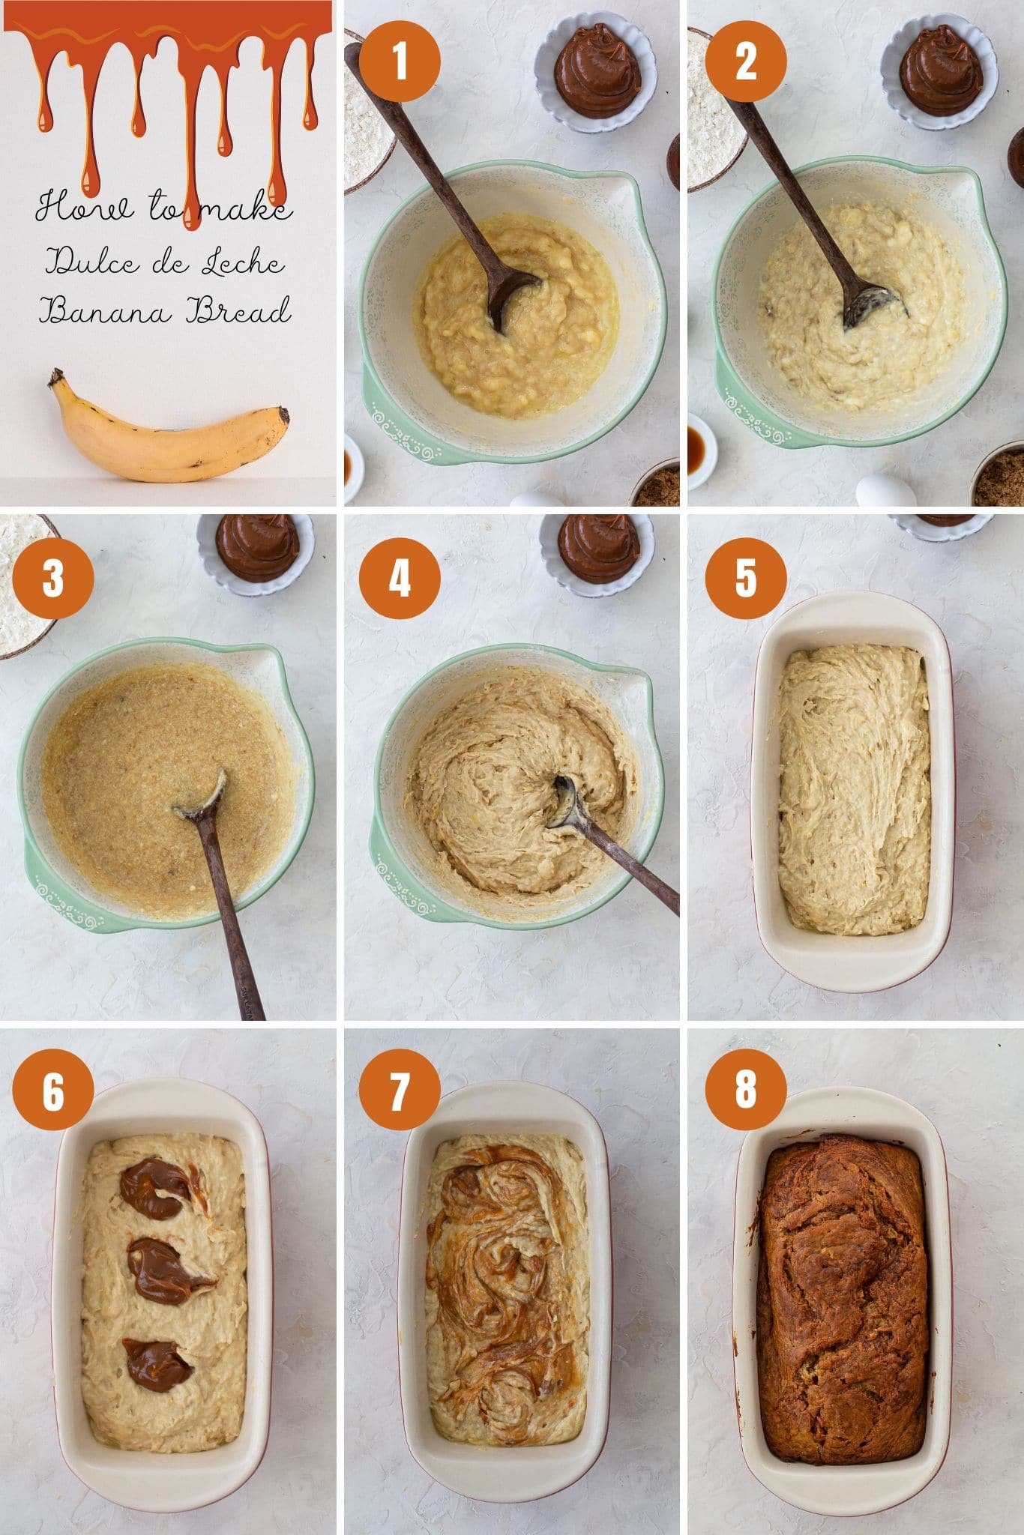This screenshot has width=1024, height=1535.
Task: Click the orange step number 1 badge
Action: (x=400, y=61)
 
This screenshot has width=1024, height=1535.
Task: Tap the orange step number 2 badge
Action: (x=745, y=61)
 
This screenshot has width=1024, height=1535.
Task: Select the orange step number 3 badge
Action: (x=53, y=579)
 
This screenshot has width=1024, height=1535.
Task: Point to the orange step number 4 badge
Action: (x=400, y=579)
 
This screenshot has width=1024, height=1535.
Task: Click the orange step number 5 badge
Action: (x=745, y=579)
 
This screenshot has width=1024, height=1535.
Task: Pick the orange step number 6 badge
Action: (x=53, y=1093)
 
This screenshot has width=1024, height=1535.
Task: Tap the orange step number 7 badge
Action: (x=400, y=1093)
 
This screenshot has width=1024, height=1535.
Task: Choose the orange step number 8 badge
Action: (x=745, y=1093)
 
